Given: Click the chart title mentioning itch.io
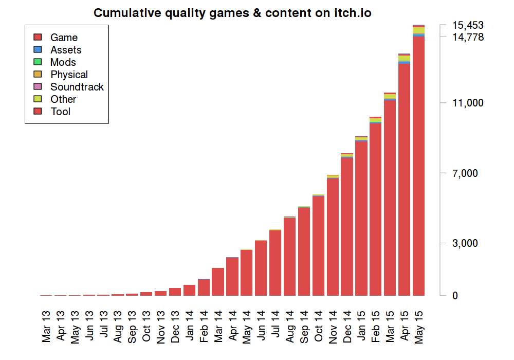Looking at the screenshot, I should [x=232, y=13].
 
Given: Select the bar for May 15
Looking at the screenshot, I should [x=418, y=165].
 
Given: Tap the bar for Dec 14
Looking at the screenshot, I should [x=347, y=226].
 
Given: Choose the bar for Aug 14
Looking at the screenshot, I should [x=289, y=257].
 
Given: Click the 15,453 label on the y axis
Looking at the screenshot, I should [x=468, y=25].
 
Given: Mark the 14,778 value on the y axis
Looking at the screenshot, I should [x=468, y=37].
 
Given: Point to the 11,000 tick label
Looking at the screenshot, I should [x=468, y=103].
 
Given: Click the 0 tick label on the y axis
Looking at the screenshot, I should [x=455, y=296].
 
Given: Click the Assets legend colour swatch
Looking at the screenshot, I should [x=37, y=50].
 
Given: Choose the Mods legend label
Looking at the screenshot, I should [x=63, y=62].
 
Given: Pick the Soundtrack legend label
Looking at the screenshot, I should [x=77, y=87].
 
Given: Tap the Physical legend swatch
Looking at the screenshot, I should [x=37, y=75].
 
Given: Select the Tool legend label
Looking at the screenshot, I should [x=61, y=112].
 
